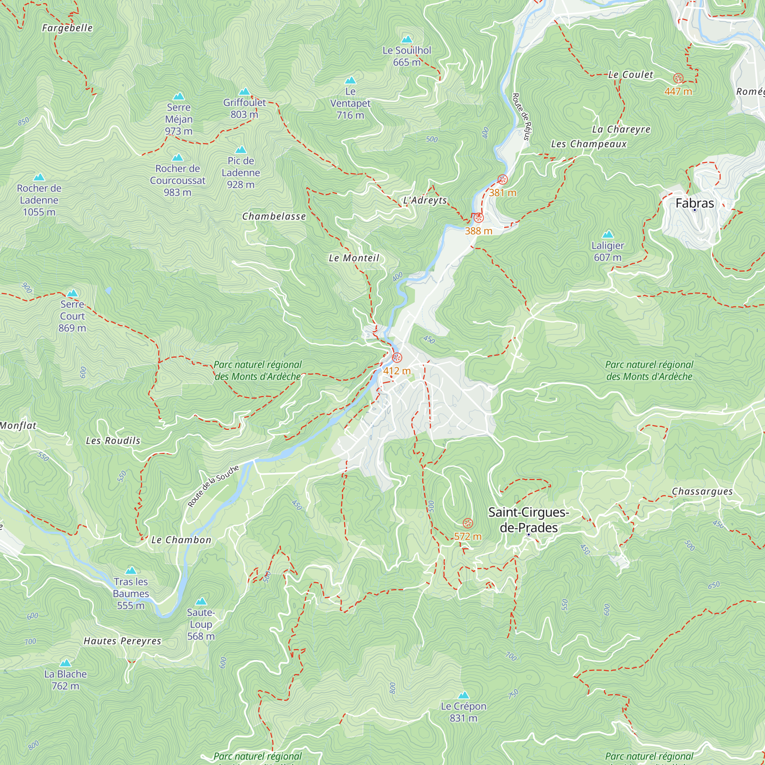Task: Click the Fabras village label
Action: click(694, 203)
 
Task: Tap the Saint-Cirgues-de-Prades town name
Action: click(528, 520)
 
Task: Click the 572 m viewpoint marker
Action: click(468, 523)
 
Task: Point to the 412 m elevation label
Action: click(397, 371)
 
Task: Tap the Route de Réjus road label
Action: click(521, 117)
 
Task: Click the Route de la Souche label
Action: click(213, 486)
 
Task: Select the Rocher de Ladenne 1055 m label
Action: click(39, 200)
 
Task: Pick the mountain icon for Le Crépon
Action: click(463, 695)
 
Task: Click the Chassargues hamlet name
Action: click(702, 492)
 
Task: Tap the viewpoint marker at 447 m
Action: click(678, 78)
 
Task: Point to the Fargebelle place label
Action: click(67, 28)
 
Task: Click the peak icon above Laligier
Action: click(607, 234)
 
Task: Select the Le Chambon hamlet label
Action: click(181, 540)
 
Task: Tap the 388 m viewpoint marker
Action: click(479, 218)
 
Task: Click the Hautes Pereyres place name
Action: click(122, 641)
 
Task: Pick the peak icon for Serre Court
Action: click(72, 293)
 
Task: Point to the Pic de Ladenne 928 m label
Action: click(241, 173)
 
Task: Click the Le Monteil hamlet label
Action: click(354, 258)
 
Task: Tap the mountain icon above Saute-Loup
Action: click(201, 601)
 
